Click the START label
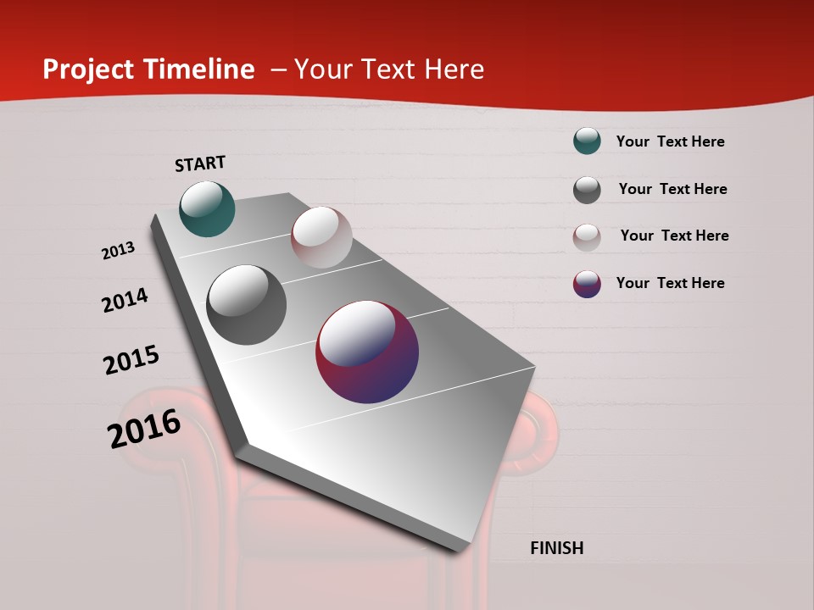coord(200,164)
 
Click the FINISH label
coord(556,548)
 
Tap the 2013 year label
coord(118,251)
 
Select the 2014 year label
coord(125,301)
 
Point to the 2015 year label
coord(131,360)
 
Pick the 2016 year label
coord(144,429)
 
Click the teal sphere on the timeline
coord(207,208)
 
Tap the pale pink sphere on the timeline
coord(321,237)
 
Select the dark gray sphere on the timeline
coord(246,305)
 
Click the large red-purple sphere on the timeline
coord(367,352)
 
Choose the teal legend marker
coord(587,141)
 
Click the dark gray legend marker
coord(587,190)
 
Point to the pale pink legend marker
coord(587,237)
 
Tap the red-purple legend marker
coord(587,284)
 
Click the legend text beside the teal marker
coord(670,141)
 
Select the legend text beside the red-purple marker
coord(670,283)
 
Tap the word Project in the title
coord(89,69)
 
